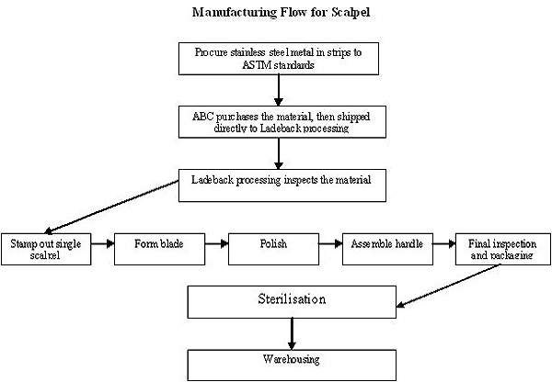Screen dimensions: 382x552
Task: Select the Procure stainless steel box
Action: coord(279,59)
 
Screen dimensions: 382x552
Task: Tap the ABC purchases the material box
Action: coord(279,119)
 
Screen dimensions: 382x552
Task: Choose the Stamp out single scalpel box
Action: coord(45,249)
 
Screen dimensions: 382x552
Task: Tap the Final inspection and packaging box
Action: coord(500,249)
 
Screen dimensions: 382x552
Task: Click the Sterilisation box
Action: coord(293,301)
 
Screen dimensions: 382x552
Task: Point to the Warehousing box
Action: coord(293,362)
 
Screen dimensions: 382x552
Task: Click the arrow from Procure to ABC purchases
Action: coord(279,90)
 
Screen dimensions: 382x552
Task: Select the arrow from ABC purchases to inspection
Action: coord(279,151)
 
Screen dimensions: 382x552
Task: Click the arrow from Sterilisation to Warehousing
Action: coord(293,331)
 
